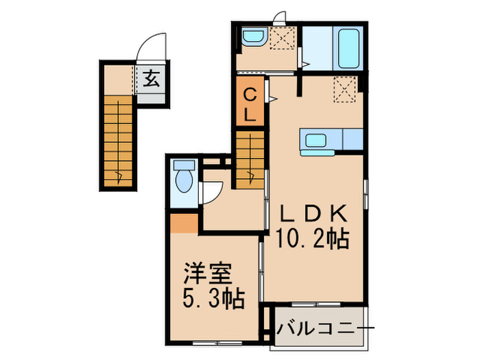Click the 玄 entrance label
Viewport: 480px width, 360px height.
(151, 80)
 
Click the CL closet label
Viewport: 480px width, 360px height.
(251, 104)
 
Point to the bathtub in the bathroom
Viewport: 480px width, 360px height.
(348, 47)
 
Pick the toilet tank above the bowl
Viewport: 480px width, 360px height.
(183, 165)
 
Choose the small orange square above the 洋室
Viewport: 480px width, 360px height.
(182, 223)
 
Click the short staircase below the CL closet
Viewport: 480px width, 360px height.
(250, 159)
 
